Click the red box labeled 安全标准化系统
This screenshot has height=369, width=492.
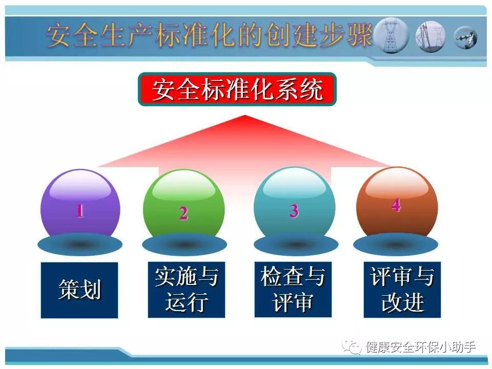237,89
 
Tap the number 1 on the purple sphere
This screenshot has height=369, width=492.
80,210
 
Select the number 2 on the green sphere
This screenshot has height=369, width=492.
183,213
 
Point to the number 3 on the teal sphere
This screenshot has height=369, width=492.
294,211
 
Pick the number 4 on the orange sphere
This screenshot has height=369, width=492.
396,206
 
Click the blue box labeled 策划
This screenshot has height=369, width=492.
79,290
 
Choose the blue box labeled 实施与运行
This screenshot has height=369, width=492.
187,290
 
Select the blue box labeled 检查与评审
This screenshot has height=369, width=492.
293,290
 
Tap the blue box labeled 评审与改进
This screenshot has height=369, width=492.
402,290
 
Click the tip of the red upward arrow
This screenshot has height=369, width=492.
244,115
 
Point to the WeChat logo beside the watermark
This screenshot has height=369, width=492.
352,347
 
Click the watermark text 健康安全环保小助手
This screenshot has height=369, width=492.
421,347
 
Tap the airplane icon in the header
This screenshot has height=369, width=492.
466,37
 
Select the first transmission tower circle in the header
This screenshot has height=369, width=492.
392,35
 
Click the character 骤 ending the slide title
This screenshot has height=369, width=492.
359,35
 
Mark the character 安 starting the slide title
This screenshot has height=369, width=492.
58,35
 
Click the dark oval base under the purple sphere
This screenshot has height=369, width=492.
80,244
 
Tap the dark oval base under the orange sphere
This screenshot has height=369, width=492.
396,244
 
